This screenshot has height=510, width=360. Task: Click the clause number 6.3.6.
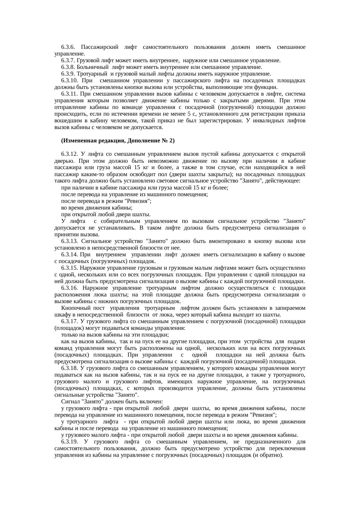click(69, 47)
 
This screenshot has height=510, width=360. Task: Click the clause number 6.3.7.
click(69, 60)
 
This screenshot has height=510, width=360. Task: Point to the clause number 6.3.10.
click(70, 80)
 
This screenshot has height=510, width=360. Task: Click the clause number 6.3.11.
click(70, 94)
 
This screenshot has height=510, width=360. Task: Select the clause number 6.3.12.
click(70, 154)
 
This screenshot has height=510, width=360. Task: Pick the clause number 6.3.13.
click(70, 241)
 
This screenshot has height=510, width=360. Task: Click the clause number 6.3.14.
click(70, 255)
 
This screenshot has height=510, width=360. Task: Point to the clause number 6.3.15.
click(70, 268)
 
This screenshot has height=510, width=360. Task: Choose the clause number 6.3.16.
click(70, 288)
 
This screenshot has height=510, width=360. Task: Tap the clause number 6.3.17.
click(70, 321)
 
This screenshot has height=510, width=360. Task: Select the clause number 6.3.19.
click(70, 442)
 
